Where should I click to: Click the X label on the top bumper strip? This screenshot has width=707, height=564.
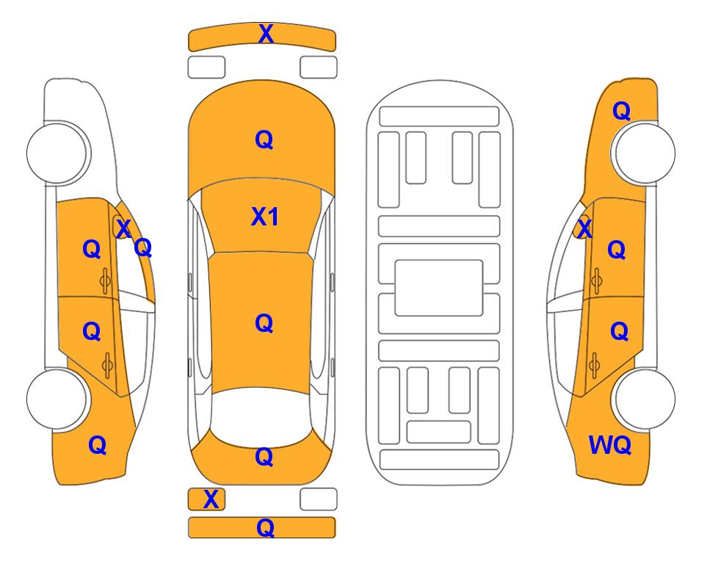266,34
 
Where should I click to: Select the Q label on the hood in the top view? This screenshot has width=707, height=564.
264,140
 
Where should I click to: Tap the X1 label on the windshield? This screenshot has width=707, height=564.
265,217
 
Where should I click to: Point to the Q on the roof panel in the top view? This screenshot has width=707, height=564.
264,323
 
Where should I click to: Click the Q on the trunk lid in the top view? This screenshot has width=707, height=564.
264,457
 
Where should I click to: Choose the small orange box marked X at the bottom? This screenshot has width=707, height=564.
206,499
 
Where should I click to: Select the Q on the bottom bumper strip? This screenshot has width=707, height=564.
265,527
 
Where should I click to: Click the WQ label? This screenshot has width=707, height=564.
610,445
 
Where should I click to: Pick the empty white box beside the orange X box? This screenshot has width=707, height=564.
319,499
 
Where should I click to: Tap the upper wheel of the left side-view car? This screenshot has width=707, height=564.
57,153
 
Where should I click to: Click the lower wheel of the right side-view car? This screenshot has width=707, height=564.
645,399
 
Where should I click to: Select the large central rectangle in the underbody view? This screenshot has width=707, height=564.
439,288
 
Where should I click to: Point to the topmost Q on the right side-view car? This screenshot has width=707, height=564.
621,111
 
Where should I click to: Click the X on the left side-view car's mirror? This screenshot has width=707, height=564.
123,228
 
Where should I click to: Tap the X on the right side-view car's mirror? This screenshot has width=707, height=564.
584,228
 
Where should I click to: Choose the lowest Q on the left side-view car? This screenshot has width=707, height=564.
98,445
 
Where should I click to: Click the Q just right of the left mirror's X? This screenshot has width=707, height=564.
143,247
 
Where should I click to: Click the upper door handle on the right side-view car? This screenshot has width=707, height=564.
596,281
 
